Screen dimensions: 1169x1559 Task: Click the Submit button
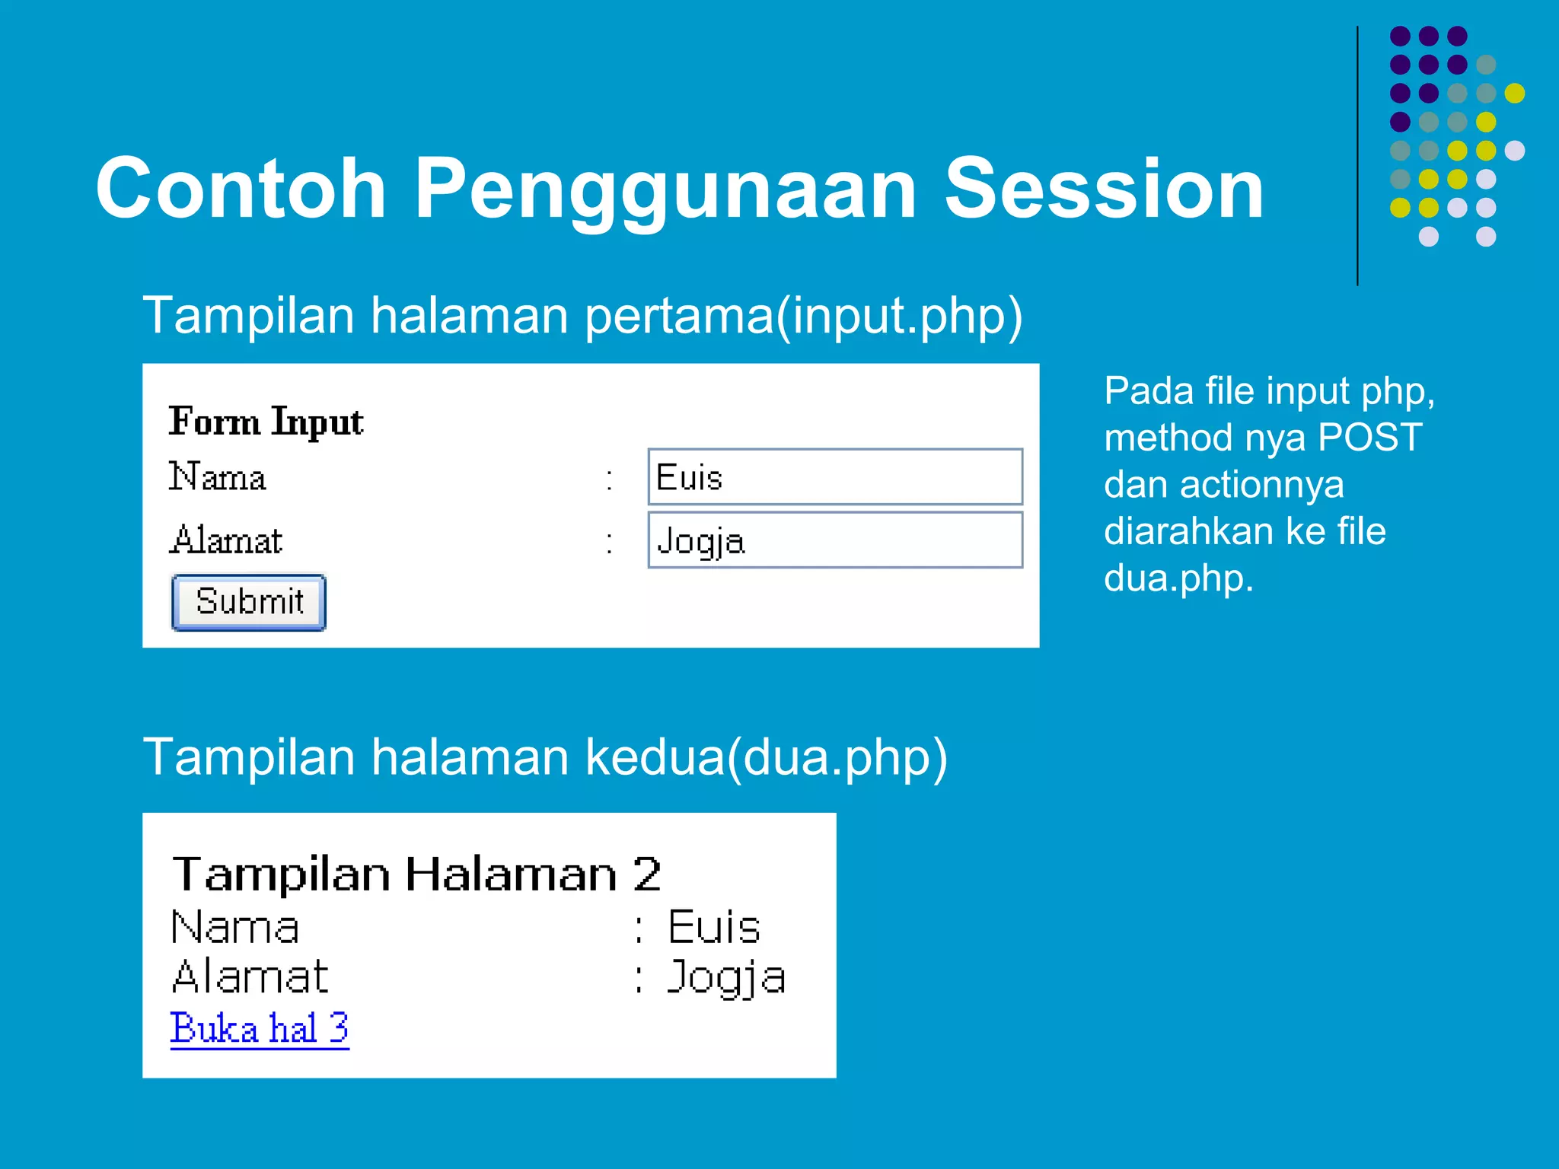[x=249, y=602]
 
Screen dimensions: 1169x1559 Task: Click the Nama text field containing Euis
[x=834, y=477]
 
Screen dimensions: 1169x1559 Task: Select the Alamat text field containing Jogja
[x=834, y=540]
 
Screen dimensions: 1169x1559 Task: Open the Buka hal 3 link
[x=260, y=1028]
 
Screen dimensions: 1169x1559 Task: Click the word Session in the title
[x=1104, y=189]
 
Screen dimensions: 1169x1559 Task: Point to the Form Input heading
[x=266, y=422]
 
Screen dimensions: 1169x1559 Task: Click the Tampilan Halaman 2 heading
[x=416, y=874]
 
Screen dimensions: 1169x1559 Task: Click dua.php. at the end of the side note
[x=1178, y=578]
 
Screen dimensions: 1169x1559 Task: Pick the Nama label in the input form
[x=218, y=477]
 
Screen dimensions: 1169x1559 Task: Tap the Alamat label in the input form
[x=226, y=540]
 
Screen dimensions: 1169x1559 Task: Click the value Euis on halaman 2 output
[x=714, y=927]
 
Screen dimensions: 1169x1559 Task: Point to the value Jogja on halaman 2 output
[x=725, y=977]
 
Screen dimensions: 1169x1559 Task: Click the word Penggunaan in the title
[x=665, y=189]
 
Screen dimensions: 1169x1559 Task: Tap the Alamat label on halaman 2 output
[x=250, y=976]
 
